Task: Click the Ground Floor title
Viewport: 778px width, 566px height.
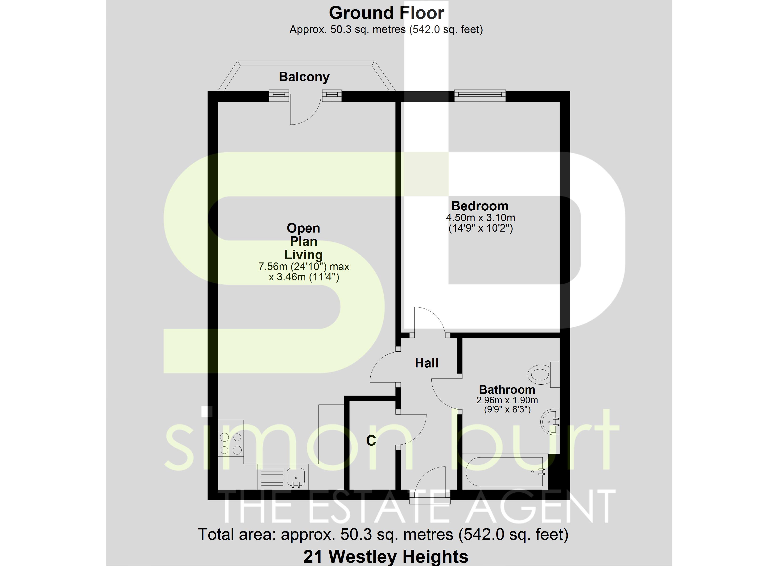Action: [x=387, y=13]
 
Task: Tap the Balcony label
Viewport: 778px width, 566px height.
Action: [x=304, y=77]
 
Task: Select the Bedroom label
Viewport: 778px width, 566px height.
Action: [x=480, y=206]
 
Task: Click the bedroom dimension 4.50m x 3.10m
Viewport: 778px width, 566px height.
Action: [x=480, y=218]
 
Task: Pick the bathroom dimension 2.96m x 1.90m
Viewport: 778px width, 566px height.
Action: [x=507, y=400]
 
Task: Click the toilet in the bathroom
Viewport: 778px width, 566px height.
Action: [x=544, y=375]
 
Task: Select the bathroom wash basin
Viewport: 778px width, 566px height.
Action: [x=550, y=422]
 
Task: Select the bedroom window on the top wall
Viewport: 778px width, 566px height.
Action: [x=480, y=96]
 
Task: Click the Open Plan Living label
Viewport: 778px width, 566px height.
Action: [x=304, y=241]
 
